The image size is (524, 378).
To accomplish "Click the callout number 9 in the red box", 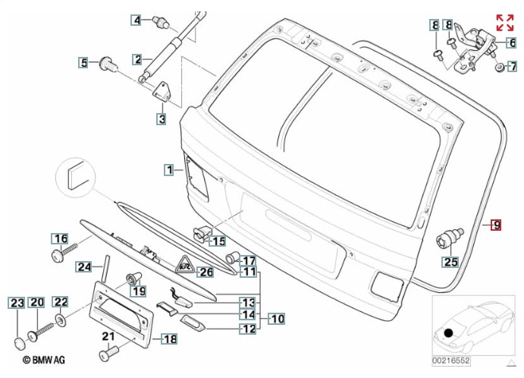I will tap(496, 225).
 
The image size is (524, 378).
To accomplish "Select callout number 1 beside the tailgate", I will tap(170, 169).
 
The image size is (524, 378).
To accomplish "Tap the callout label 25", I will tap(451, 263).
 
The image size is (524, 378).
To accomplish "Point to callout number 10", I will tap(277, 320).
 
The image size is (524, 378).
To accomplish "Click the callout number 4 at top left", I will tap(136, 20).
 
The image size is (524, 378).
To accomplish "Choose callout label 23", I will tap(17, 303).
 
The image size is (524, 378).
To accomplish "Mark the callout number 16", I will tap(60, 238).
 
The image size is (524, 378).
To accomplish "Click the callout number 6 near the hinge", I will tap(511, 43).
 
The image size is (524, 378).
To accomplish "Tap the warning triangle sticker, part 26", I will tap(185, 265).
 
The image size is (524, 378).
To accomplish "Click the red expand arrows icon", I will tap(505, 22).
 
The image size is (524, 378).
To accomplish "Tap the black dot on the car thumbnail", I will tap(449, 333).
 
